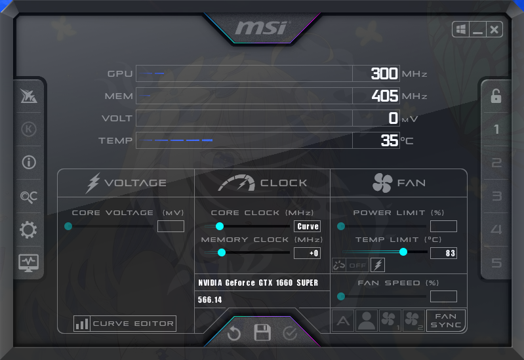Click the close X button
pos(494,30)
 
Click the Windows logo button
pos(461,30)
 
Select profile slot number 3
pos(496,196)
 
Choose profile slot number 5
pos(496,263)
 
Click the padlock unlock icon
pos(496,96)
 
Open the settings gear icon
pos(28,230)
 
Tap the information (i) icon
pos(29,163)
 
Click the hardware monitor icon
pos(28,263)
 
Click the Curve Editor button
pos(125,323)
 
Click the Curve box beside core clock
pos(308,226)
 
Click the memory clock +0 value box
pos(307,253)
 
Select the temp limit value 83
pos(443,253)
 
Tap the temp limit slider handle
pos(403,252)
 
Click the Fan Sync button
pos(446,321)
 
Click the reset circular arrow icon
pos(234,333)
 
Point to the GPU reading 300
pos(384,73)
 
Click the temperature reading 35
pos(390,140)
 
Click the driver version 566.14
pos(210,300)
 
